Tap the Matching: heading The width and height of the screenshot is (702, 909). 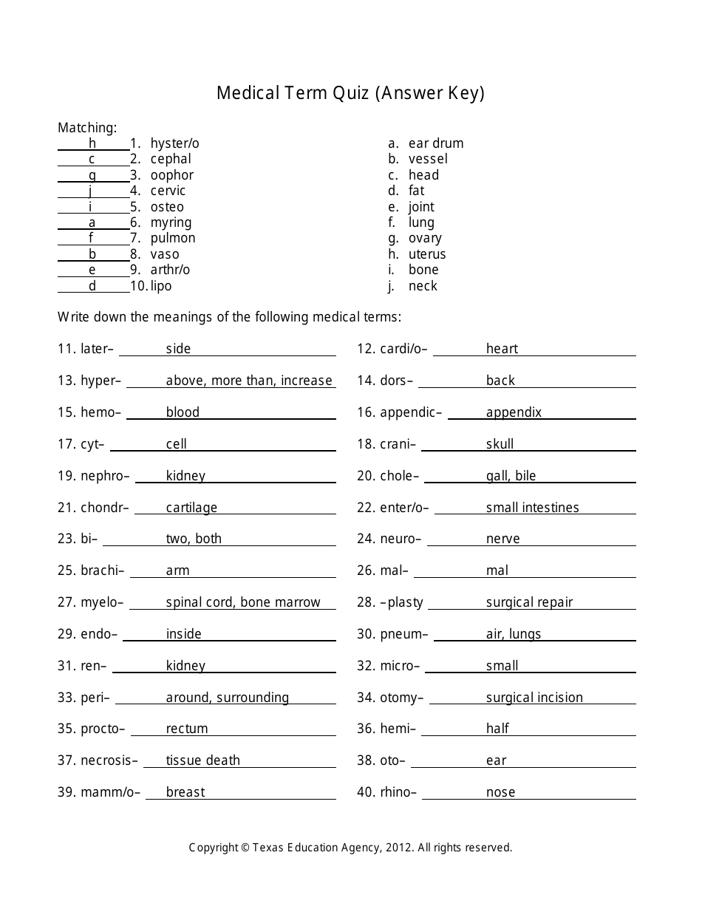(x=87, y=127)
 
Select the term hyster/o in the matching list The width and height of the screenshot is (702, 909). (x=174, y=143)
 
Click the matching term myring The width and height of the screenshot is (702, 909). (x=171, y=222)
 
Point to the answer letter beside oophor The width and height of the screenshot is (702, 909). (x=92, y=175)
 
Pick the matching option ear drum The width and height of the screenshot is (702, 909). (x=436, y=143)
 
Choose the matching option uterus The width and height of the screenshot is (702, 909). (x=427, y=254)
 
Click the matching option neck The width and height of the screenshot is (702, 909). (x=423, y=286)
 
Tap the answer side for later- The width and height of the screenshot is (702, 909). (x=178, y=349)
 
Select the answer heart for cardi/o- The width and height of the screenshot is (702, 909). (x=502, y=349)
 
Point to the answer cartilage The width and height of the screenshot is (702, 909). (x=191, y=508)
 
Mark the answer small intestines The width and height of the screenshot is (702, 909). (x=532, y=508)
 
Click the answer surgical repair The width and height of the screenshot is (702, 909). (x=529, y=602)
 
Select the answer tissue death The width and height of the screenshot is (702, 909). (x=202, y=760)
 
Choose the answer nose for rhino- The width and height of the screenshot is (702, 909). (x=500, y=792)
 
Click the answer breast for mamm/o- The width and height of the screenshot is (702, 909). (x=185, y=792)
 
